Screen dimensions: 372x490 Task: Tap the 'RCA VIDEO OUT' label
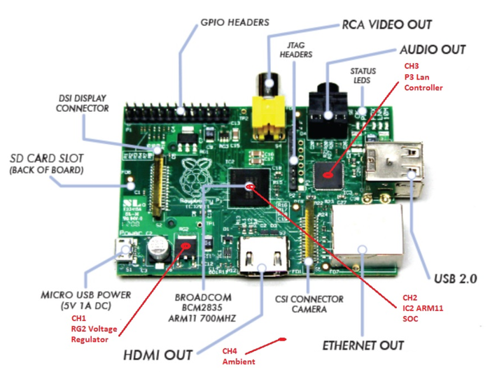coord(386,24)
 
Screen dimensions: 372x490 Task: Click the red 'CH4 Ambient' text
coord(238,356)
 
